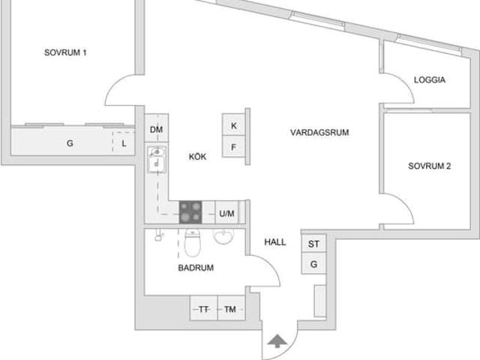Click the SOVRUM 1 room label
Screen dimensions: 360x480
[x=65, y=52]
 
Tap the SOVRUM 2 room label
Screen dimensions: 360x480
[x=429, y=166]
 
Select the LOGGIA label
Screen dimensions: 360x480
[x=430, y=79]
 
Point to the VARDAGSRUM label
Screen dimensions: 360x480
[x=319, y=133]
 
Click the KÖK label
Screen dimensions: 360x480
[x=197, y=157]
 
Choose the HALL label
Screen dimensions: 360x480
[x=275, y=242]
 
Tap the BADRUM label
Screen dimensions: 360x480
[x=196, y=267]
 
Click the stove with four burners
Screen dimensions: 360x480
[x=191, y=213]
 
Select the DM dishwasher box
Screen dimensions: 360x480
[x=156, y=130]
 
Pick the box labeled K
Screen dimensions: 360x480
[x=234, y=125]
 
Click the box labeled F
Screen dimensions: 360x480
[x=234, y=147]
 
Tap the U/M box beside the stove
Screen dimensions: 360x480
[x=227, y=214]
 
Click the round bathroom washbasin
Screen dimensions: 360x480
[x=223, y=238]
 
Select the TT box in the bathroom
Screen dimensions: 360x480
[x=203, y=309]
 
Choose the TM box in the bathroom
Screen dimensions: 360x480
[x=230, y=309]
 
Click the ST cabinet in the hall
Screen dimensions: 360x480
[x=313, y=244]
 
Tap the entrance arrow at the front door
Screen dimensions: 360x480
[x=277, y=342]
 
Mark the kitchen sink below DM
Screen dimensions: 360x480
[x=157, y=160]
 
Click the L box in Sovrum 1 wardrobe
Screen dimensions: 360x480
[x=124, y=142]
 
